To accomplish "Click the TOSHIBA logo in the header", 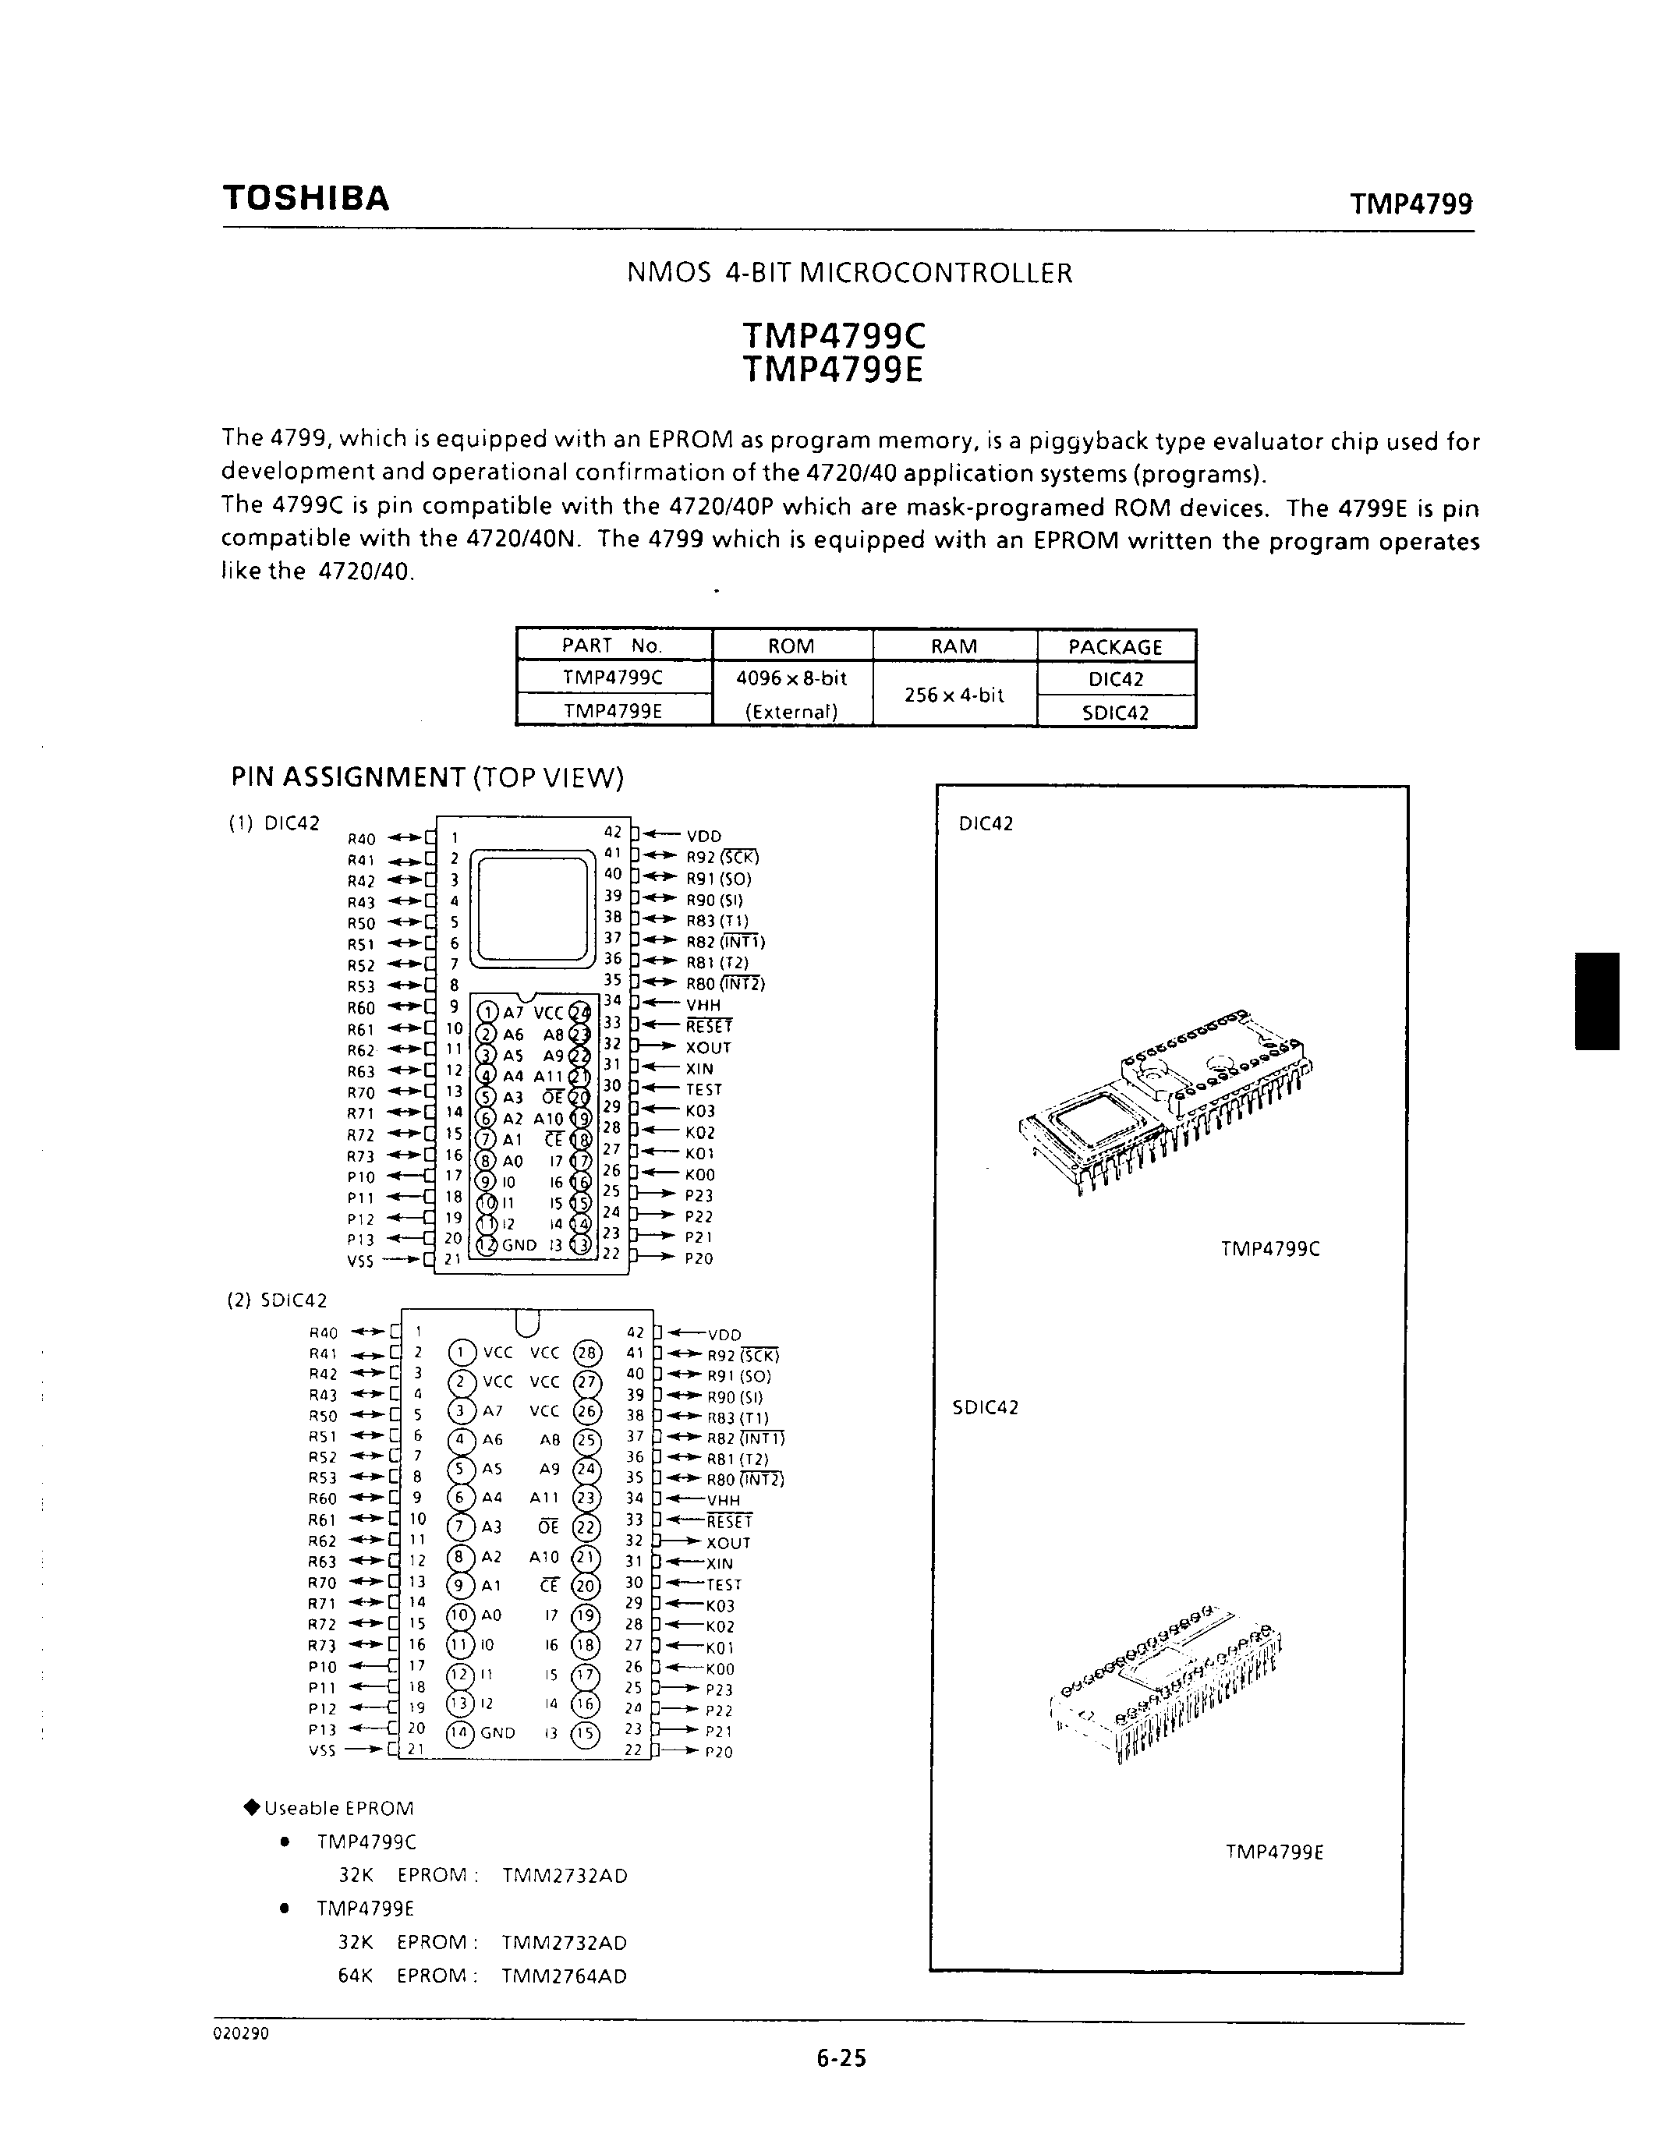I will pyautogui.click(x=306, y=198).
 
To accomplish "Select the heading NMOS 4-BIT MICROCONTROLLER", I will pyautogui.click(x=849, y=273).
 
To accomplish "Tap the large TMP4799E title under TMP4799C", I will pyautogui.click(x=834, y=371).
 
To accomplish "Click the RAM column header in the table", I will pyautogui.click(x=954, y=646).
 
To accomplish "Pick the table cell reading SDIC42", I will pyautogui.click(x=1115, y=713).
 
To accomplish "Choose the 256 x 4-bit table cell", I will pyautogui.click(x=954, y=695).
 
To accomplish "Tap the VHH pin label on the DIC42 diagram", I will pyautogui.click(x=703, y=1005).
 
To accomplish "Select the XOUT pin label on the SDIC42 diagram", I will pyautogui.click(x=728, y=1542).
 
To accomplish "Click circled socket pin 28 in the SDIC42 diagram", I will pyautogui.click(x=587, y=1353).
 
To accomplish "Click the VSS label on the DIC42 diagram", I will pyautogui.click(x=360, y=1261).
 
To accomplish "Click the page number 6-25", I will pyautogui.click(x=841, y=2057).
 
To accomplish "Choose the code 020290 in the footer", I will pyautogui.click(x=240, y=2033).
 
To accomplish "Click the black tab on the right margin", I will pyautogui.click(x=1597, y=1000).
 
